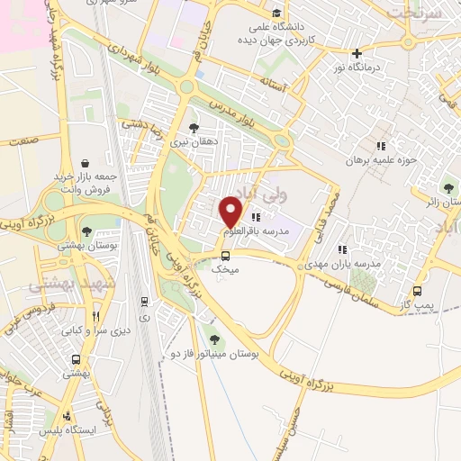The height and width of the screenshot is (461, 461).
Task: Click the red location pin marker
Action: (231, 212)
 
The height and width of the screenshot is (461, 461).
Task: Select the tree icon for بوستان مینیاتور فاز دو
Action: (213, 339)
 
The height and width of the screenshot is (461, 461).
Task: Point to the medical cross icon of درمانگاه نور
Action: (357, 53)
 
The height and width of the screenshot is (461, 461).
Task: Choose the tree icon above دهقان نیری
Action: (194, 127)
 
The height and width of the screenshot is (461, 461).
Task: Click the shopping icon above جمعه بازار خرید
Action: (85, 163)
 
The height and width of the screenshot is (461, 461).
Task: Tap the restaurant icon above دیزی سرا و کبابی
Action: (96, 316)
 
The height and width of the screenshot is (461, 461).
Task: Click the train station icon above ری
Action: (144, 302)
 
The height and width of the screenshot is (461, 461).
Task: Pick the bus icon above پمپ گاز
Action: (417, 292)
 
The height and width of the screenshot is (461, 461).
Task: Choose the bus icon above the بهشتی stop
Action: (70, 356)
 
